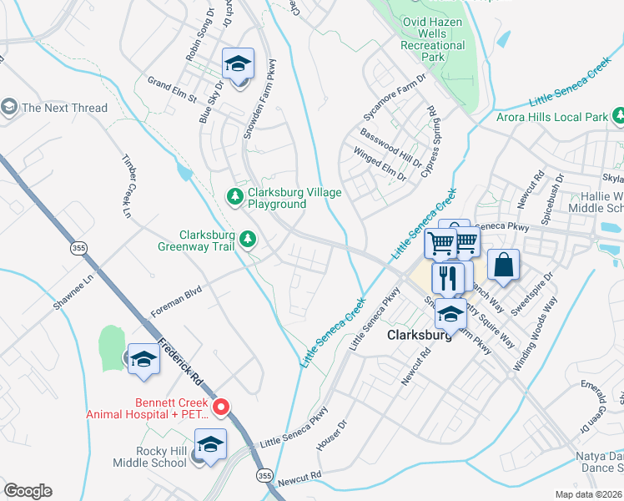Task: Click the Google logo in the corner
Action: pyautogui.click(x=28, y=491)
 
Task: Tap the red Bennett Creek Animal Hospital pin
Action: pyautogui.click(x=221, y=407)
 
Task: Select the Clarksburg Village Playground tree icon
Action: pyautogui.click(x=235, y=196)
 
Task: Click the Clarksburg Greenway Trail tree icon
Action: pyautogui.click(x=248, y=240)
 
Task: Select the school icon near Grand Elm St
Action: pyautogui.click(x=237, y=63)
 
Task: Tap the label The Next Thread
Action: pyautogui.click(x=64, y=108)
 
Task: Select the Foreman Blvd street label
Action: pyautogui.click(x=177, y=302)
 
